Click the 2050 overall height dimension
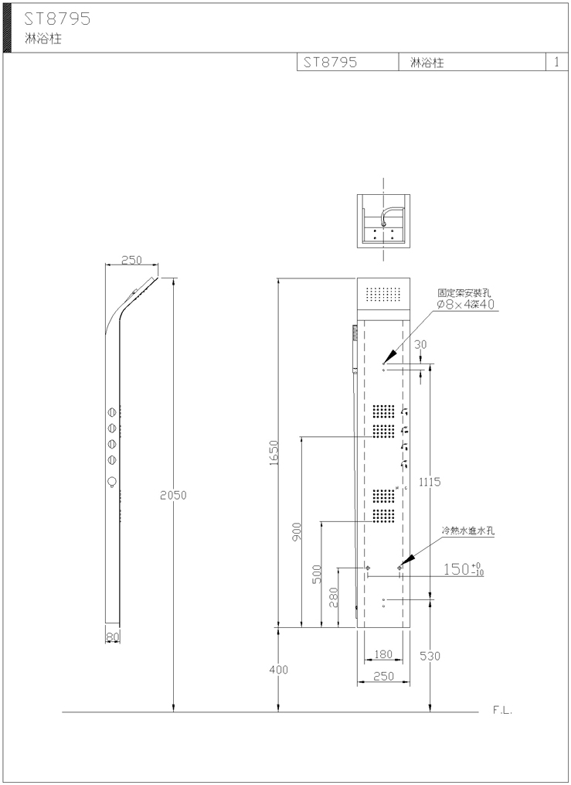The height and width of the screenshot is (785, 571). (173, 495)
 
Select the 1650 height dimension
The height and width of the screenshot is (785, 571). (274, 452)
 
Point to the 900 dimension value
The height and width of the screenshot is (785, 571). (297, 531)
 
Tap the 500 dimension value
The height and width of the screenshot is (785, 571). (317, 574)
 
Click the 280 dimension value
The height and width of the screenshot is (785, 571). (334, 597)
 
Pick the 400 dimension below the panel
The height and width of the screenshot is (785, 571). (278, 669)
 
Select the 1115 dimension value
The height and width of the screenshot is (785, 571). (430, 482)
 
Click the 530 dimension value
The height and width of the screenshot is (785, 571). (430, 656)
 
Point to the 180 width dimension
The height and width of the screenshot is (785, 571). (383, 654)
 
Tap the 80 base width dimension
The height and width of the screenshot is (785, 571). (113, 637)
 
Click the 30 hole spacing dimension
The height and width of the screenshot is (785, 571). (421, 344)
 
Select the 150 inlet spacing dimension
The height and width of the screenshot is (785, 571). (464, 569)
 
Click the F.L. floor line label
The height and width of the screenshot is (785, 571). (503, 710)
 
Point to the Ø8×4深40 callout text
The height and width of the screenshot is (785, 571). (465, 304)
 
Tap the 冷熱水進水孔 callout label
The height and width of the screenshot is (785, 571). (468, 531)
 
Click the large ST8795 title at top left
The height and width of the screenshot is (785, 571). (57, 19)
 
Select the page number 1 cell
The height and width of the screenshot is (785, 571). (556, 62)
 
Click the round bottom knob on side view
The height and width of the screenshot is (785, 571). (112, 482)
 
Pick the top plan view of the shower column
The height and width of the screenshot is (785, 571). (383, 220)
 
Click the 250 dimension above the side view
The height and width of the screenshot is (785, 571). (132, 261)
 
